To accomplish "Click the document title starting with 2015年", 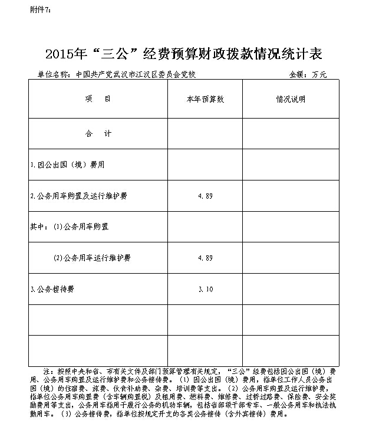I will tap(183, 54).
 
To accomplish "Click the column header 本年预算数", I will tap(205, 99).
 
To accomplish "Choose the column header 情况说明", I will tap(291, 99).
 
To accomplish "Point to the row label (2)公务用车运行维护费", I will tap(91, 258).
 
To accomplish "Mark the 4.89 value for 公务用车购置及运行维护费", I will tap(205, 196).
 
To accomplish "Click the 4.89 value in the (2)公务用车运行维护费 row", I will tap(205, 258).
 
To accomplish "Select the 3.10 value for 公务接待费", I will tap(205, 289).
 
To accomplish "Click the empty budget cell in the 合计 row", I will tap(205, 134).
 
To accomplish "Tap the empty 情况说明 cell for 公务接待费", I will tap(291, 289).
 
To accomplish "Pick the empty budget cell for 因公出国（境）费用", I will tap(205, 165).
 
